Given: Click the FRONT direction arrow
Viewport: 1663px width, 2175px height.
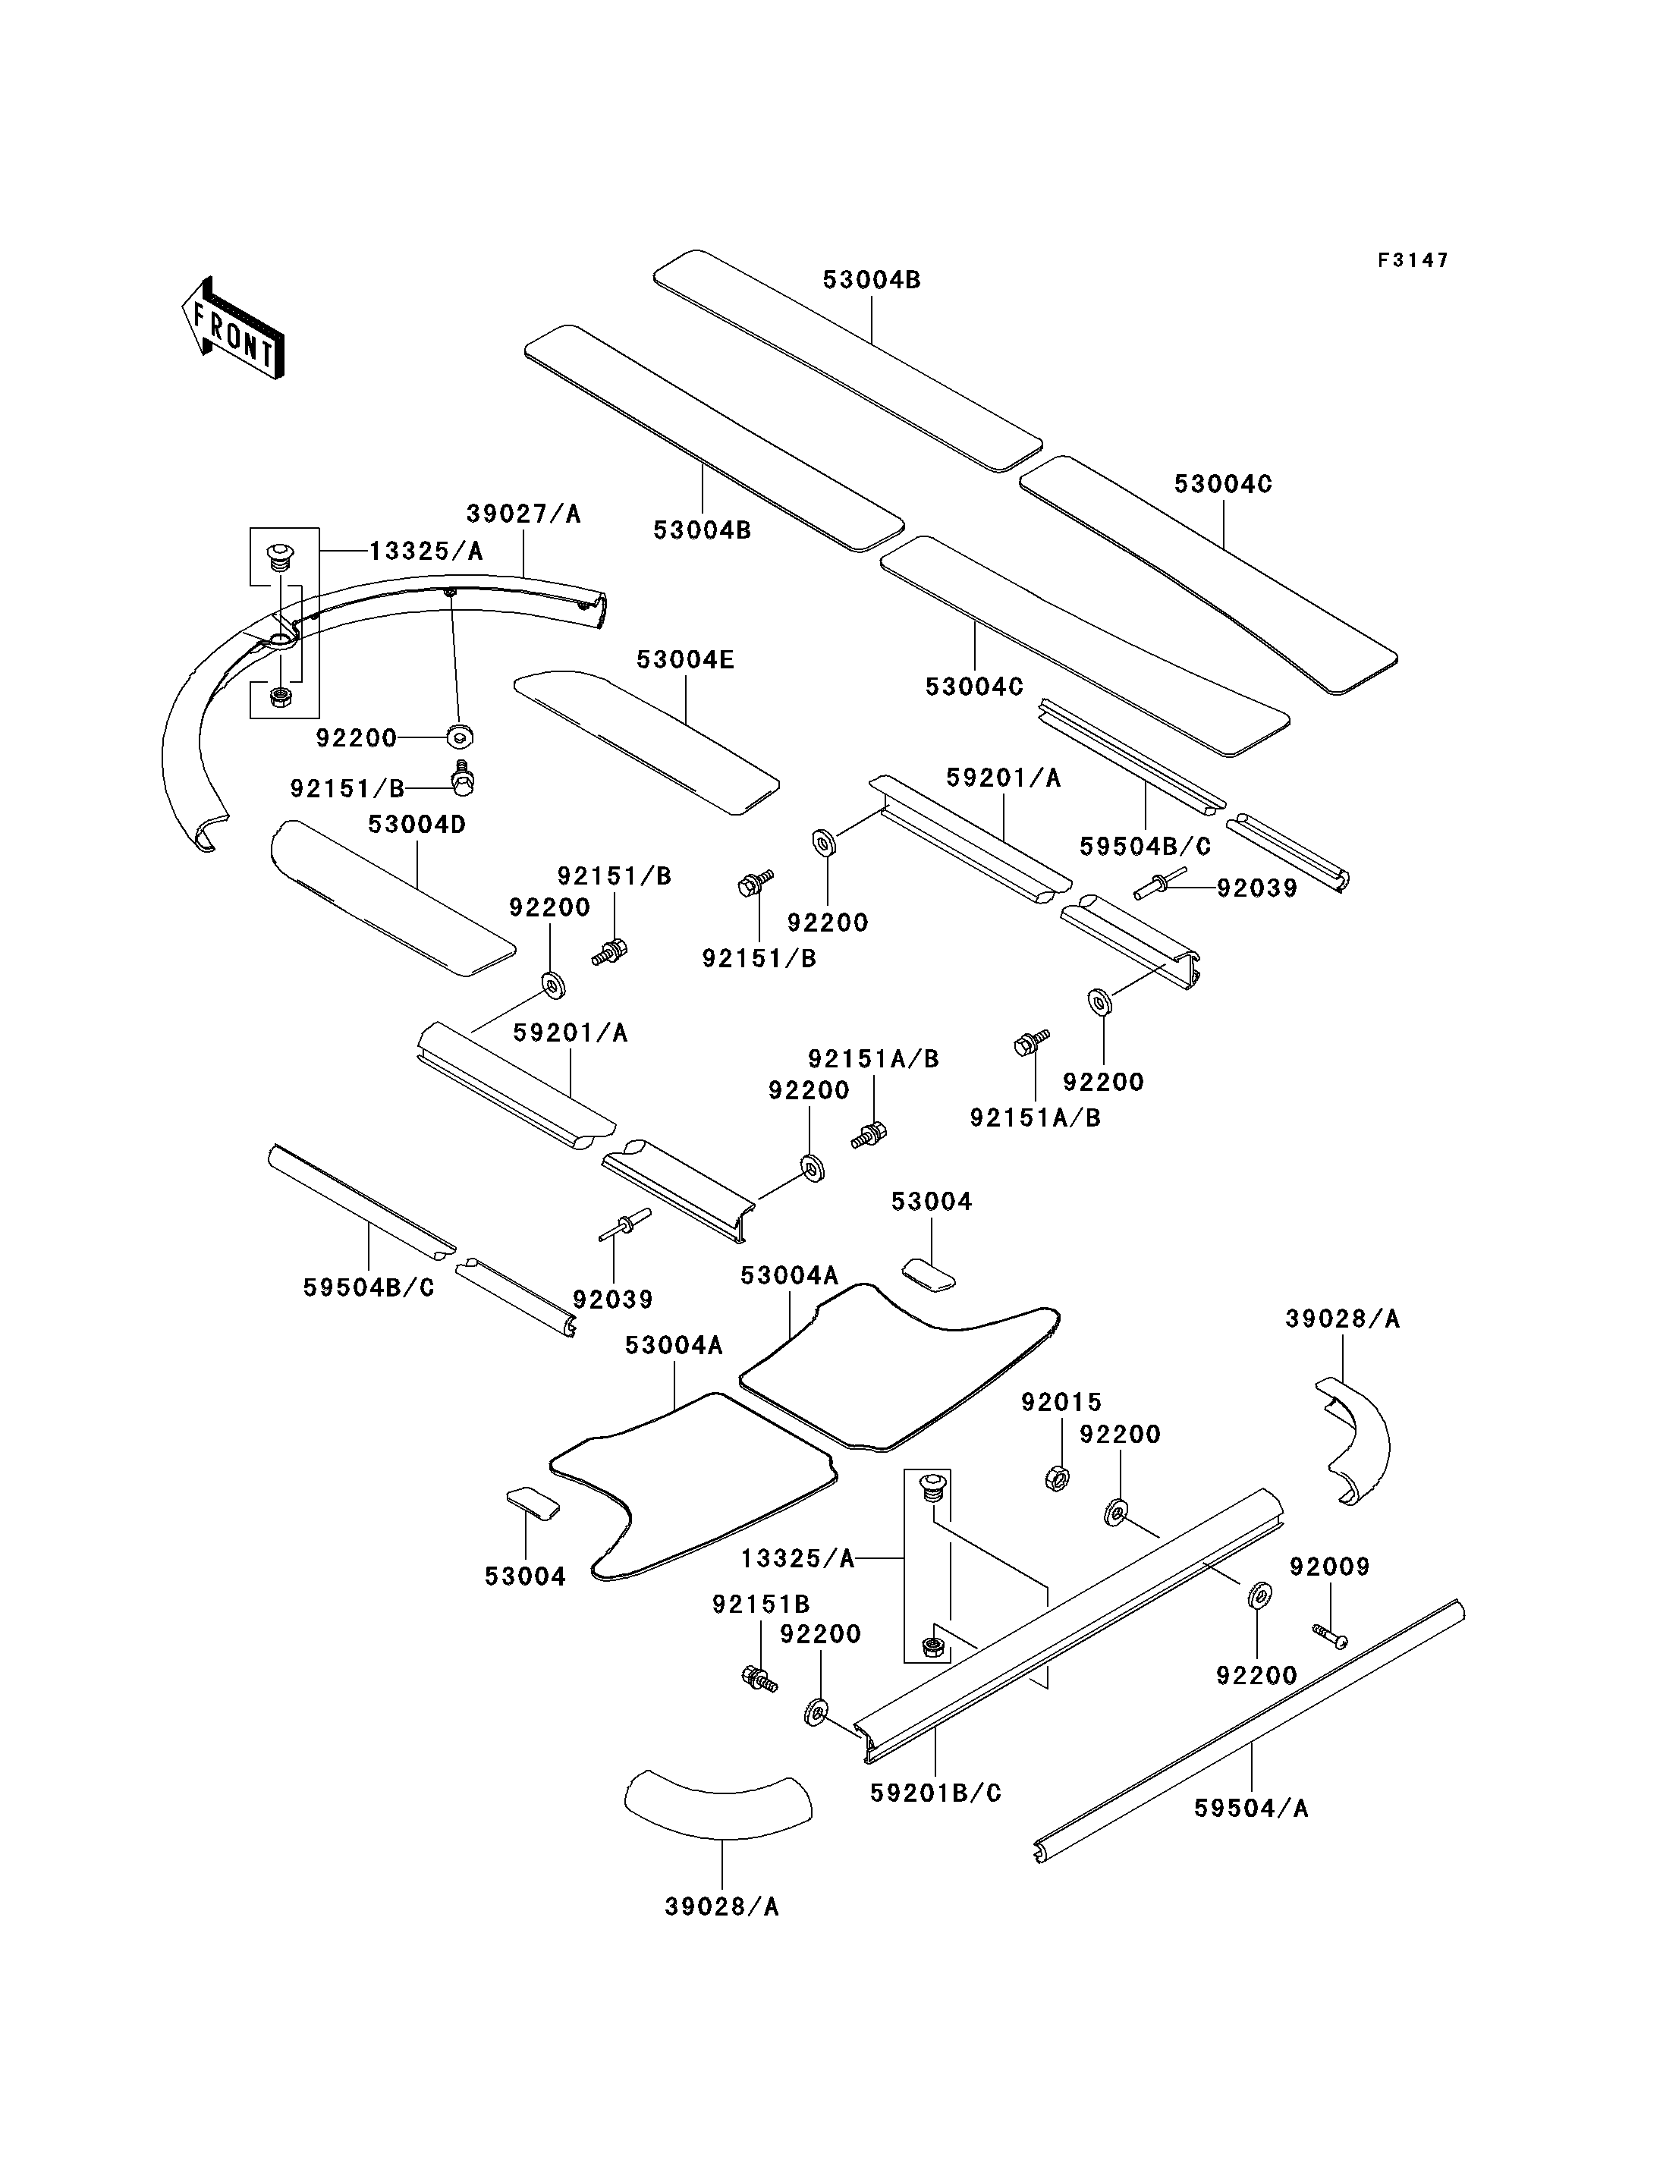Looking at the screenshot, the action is (x=234, y=331).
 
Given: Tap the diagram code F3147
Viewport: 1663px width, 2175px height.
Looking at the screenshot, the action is (x=1413, y=260).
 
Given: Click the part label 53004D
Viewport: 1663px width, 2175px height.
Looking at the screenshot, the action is (x=417, y=824).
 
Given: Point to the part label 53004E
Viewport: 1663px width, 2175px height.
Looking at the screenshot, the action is (x=685, y=659).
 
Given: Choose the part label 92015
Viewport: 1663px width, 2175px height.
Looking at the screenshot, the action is (x=1061, y=1402).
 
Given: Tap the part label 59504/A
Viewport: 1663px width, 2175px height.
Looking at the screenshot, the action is (x=1251, y=1809).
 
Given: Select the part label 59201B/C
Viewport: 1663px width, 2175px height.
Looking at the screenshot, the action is (x=935, y=1793).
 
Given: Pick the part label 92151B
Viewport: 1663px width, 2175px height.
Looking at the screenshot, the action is (x=761, y=1604).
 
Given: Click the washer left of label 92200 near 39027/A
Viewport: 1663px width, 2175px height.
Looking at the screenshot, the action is (x=461, y=737).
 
